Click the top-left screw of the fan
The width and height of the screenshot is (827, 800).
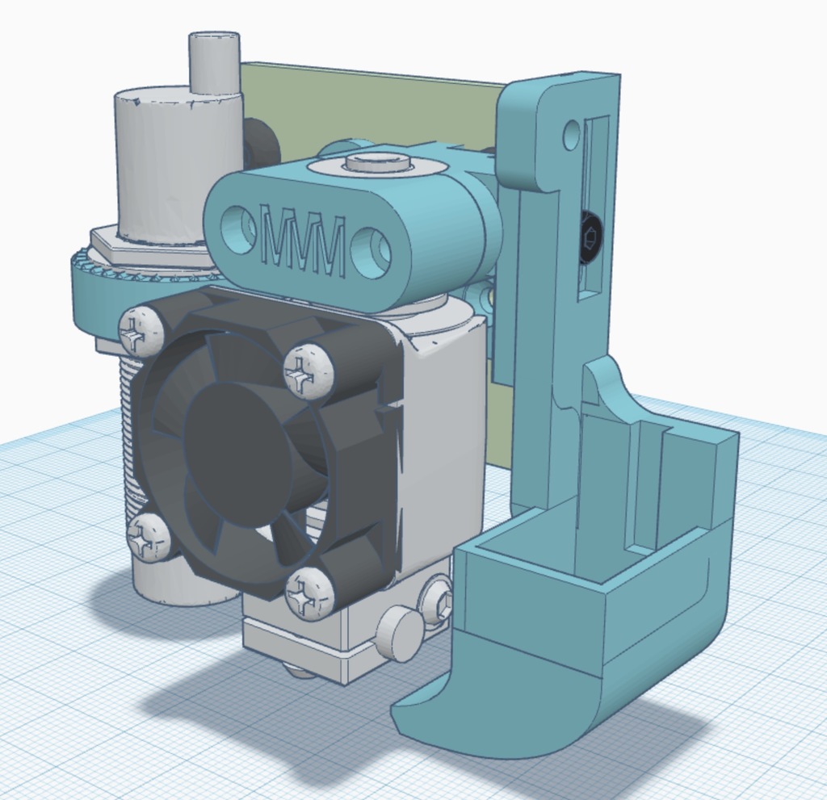141,331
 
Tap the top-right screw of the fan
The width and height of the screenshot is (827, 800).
309,371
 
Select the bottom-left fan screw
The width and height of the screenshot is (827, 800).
149,537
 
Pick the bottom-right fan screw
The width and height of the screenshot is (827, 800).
309,593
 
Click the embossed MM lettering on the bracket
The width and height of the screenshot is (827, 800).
303,240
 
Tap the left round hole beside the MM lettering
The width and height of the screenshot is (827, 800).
238,227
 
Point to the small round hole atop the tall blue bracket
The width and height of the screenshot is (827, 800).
571,135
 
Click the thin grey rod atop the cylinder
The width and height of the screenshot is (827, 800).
214,61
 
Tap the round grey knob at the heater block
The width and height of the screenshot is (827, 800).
397,634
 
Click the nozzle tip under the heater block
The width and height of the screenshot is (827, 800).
297,670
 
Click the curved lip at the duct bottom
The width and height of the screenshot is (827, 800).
452,718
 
